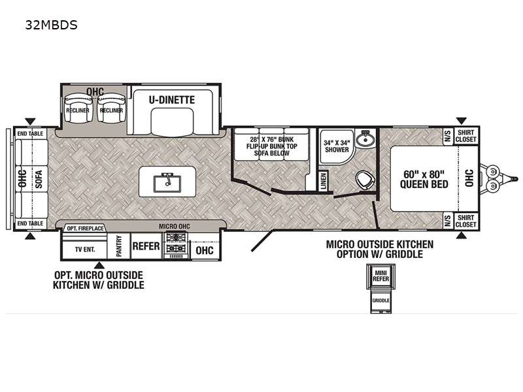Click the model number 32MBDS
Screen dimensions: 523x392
click(52, 25)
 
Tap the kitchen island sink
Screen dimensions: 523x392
click(167, 183)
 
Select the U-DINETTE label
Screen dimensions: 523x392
click(172, 100)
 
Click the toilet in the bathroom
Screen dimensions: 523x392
click(365, 179)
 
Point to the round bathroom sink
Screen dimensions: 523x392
click(365, 139)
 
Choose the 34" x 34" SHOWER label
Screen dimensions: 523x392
click(337, 146)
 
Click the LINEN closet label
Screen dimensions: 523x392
click(323, 181)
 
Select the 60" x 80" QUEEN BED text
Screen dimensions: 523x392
click(424, 179)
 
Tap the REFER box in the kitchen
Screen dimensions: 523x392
click(146, 246)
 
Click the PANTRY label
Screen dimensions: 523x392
click(119, 246)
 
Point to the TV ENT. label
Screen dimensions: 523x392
click(85, 249)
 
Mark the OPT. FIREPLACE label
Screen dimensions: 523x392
click(86, 228)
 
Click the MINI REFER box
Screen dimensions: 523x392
click(380, 276)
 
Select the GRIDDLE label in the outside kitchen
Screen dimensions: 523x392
click(381, 301)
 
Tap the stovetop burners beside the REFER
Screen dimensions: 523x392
click(176, 243)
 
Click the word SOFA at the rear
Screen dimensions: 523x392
click(39, 179)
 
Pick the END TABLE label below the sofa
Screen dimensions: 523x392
click(30, 223)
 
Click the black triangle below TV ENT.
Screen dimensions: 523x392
click(99, 265)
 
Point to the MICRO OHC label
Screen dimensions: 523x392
click(174, 226)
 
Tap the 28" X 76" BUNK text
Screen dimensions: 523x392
click(272, 139)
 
